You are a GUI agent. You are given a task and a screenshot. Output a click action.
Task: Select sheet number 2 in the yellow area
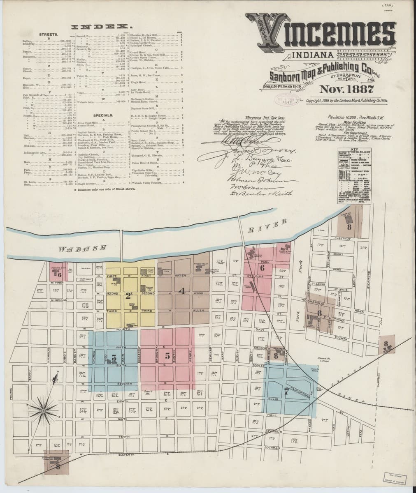[117, 295]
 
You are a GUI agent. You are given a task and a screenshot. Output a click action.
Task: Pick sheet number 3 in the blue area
[114, 357]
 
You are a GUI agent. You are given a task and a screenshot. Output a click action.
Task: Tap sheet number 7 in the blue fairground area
[286, 389]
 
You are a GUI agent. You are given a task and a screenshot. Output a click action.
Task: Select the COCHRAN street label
[272, 447]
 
